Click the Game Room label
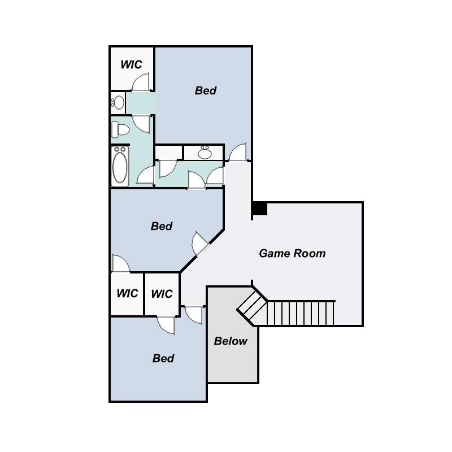pyautogui.click(x=292, y=253)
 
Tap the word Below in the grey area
pyautogui.click(x=231, y=341)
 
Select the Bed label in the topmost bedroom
pyautogui.click(x=206, y=90)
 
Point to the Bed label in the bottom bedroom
pyautogui.click(x=163, y=358)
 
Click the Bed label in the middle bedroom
pyautogui.click(x=162, y=226)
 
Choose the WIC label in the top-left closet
pyautogui.click(x=131, y=64)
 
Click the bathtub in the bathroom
pyautogui.click(x=120, y=166)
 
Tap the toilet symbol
pyautogui.click(x=120, y=130)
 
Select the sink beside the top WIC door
pyautogui.click(x=118, y=103)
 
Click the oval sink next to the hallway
pyautogui.click(x=205, y=152)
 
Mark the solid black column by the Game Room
pyautogui.click(x=260, y=208)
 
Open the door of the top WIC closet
pyautogui.click(x=141, y=82)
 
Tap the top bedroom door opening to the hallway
pyautogui.click(x=238, y=152)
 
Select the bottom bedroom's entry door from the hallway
pyautogui.click(x=194, y=315)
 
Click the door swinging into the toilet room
pyautogui.click(x=142, y=124)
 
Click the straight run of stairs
pyautogui.click(x=301, y=314)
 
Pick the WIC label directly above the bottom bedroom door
pyautogui.click(x=162, y=294)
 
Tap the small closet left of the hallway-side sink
pyautogui.click(x=168, y=153)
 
